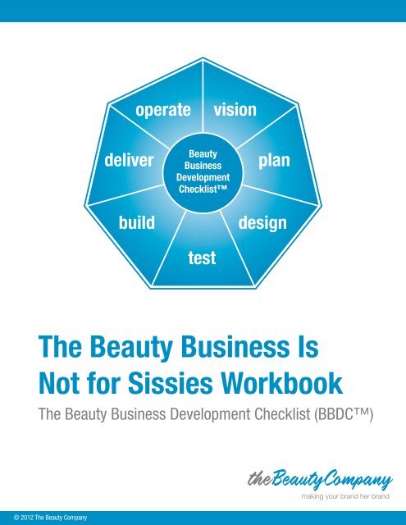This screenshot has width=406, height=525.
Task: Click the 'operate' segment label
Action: click(163, 110)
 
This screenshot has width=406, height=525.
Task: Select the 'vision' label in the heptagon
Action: click(235, 109)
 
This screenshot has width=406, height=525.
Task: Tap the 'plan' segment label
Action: click(274, 161)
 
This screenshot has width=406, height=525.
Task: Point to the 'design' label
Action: click(262, 223)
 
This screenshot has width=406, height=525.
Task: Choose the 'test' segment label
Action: click(202, 258)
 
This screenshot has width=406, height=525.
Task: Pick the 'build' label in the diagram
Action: click(137, 222)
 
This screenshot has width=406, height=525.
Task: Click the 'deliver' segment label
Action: click(129, 160)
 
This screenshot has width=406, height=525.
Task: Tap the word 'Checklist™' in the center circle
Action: click(203, 189)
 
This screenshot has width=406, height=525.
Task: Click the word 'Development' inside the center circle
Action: click(203, 177)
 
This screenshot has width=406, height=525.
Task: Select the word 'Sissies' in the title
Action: click(170, 383)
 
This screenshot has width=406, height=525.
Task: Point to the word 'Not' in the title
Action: click(58, 383)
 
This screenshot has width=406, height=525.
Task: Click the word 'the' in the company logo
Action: click(259, 478)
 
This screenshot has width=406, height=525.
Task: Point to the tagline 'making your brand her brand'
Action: click(345, 496)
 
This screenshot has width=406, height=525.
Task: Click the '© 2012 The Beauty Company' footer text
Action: click(50, 518)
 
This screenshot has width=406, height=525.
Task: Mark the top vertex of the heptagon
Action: click(203, 57)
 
